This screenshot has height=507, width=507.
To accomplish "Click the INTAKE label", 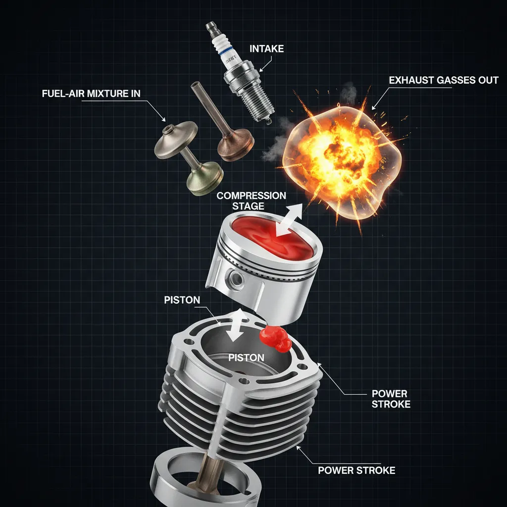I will click(x=267, y=49).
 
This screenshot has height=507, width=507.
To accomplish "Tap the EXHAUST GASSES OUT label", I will click(x=444, y=80).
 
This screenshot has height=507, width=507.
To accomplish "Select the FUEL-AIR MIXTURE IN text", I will click(x=92, y=94).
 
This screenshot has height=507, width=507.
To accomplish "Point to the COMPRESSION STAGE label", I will click(x=251, y=201).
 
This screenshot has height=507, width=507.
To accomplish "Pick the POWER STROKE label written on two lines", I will click(x=391, y=399).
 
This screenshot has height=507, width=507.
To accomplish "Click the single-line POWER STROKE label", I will click(x=356, y=470).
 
